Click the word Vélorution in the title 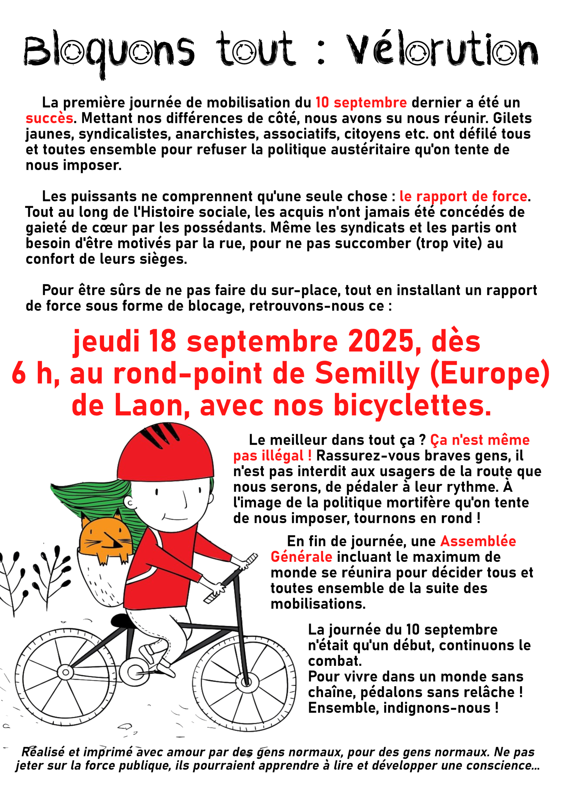(442, 50)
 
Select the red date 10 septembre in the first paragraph (361, 102)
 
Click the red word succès (49, 118)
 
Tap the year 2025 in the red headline (381, 341)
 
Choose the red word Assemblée (478, 541)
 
